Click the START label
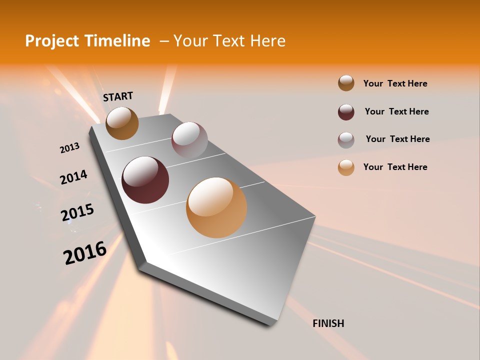(x=118, y=96)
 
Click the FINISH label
(x=328, y=323)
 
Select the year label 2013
(x=70, y=148)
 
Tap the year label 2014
(x=73, y=177)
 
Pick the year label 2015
(x=77, y=213)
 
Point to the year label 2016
(x=85, y=252)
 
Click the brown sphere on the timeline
(x=122, y=123)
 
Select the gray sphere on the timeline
(x=189, y=140)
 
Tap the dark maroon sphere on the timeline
(x=145, y=180)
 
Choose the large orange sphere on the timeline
(x=216, y=207)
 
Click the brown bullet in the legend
(x=346, y=83)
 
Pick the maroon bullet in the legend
(x=346, y=112)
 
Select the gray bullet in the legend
(x=346, y=139)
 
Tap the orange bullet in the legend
(x=346, y=167)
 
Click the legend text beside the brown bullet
(x=395, y=83)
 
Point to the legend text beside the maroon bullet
(x=396, y=111)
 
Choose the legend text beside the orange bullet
(x=395, y=167)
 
